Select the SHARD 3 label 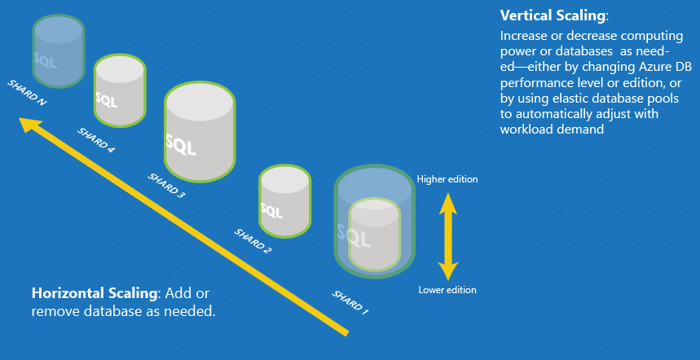tap(165, 185)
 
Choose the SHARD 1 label tap(350, 302)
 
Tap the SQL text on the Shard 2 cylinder tap(271, 212)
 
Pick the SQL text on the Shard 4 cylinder tap(106, 100)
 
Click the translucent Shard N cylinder tap(58, 50)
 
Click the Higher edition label tap(447, 179)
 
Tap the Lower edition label tap(447, 290)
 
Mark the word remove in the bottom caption tap(53, 311)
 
